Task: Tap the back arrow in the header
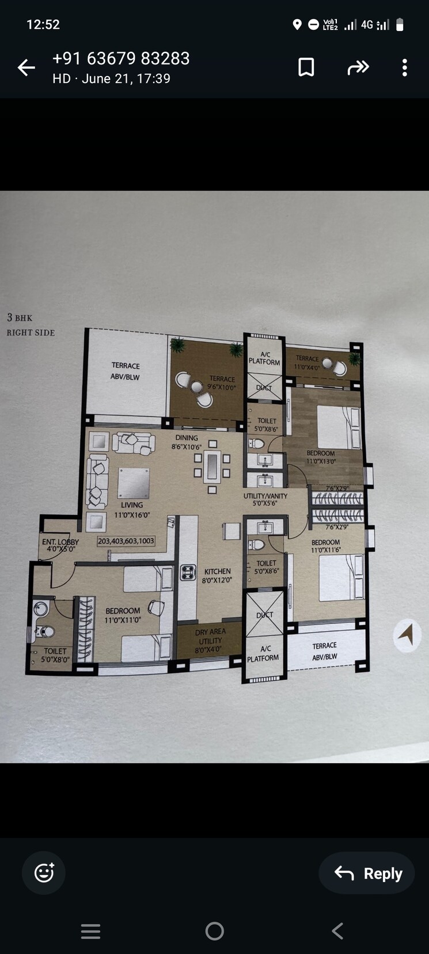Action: point(26,68)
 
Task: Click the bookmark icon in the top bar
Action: point(306,67)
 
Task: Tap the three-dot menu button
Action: point(404,67)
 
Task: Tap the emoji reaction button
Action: point(44,873)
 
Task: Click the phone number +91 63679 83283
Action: point(121,59)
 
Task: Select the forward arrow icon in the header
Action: point(358,67)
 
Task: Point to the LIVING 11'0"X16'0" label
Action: point(132,510)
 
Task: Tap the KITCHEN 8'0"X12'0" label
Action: point(217,576)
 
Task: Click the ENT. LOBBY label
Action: point(60,545)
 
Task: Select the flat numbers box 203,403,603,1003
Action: point(126,541)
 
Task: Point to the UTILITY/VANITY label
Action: point(265,499)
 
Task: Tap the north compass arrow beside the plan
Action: point(407,635)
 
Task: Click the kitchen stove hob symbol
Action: point(188,572)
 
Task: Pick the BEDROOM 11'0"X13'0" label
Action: point(321,457)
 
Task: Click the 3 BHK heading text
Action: point(20,317)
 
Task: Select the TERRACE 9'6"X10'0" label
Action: point(222,383)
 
